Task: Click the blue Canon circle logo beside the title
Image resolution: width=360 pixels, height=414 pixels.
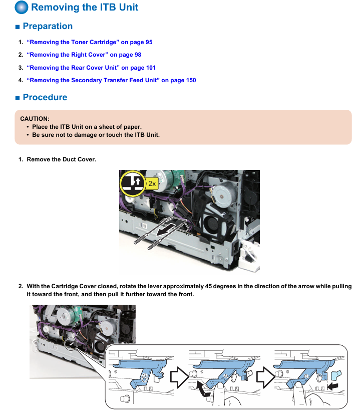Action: (x=22, y=8)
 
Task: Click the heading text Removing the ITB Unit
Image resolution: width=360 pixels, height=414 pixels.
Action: (x=85, y=8)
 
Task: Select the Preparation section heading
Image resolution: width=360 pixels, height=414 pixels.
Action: (x=48, y=26)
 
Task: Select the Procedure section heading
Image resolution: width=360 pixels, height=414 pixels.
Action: (x=45, y=97)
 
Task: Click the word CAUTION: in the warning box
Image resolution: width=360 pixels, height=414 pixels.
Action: (x=35, y=119)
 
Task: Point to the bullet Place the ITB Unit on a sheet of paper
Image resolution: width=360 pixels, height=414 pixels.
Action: (x=87, y=127)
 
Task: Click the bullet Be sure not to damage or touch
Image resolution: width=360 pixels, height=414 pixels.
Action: (x=96, y=135)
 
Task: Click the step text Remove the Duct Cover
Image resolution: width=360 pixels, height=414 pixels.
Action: (x=61, y=159)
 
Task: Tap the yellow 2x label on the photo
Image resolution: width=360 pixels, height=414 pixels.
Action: (x=152, y=183)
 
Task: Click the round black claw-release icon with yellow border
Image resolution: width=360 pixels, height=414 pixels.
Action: (x=132, y=183)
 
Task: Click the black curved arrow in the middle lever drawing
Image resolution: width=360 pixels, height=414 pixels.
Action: (x=202, y=386)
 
